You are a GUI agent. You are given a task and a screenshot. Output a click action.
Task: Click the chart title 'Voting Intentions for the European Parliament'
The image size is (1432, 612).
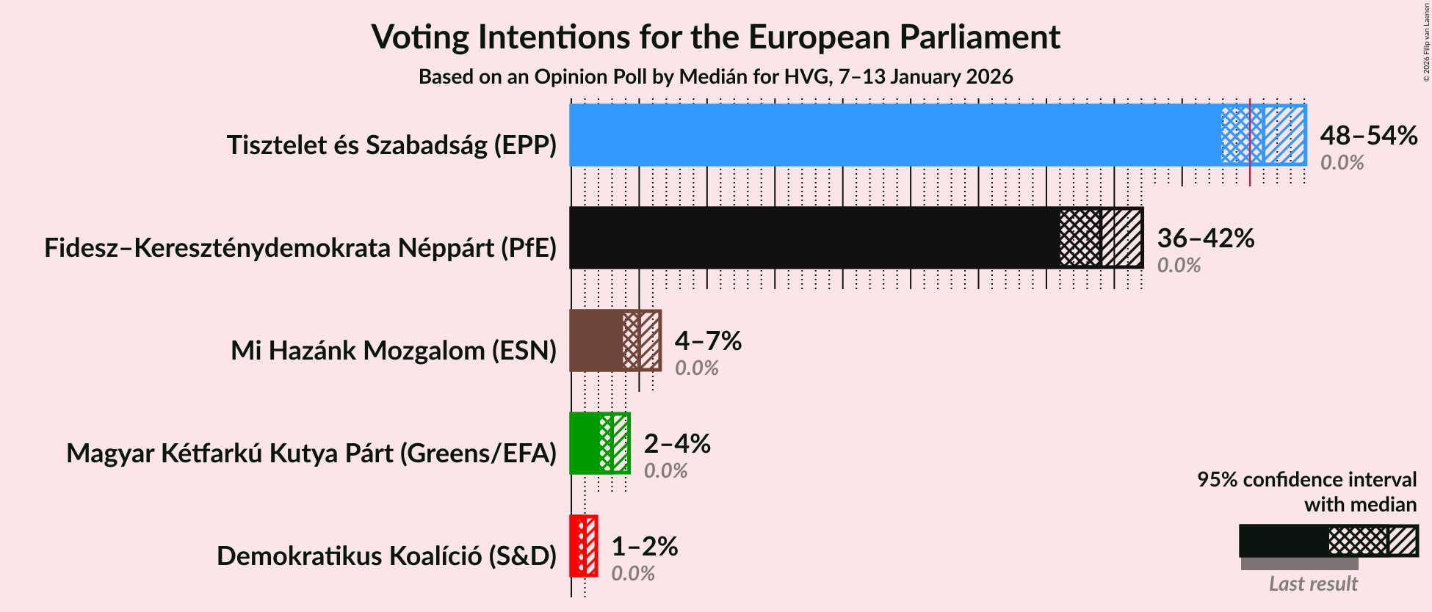pyautogui.click(x=715, y=37)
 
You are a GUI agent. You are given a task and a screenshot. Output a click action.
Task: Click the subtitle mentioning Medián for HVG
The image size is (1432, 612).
pyautogui.click(x=715, y=77)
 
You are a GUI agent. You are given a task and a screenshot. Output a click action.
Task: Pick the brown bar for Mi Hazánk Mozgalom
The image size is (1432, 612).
pyautogui.click(x=596, y=340)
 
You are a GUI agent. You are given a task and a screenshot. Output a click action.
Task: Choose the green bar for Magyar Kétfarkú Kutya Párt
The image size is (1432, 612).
pyautogui.click(x=585, y=443)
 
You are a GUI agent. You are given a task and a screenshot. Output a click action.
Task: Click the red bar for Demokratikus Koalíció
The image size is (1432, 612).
pyautogui.click(x=575, y=546)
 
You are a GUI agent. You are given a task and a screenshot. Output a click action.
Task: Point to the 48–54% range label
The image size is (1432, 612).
pyautogui.click(x=1368, y=136)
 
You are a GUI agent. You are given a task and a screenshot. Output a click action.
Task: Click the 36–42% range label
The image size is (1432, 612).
pyautogui.click(x=1205, y=238)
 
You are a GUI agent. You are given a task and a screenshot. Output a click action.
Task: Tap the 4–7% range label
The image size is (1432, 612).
pyautogui.click(x=708, y=341)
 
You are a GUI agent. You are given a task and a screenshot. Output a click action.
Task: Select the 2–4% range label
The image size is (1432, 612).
pyautogui.click(x=677, y=444)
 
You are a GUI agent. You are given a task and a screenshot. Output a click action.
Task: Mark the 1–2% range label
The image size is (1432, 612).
pyautogui.click(x=644, y=547)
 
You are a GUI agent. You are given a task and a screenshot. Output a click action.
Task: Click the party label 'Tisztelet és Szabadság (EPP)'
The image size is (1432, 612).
pyautogui.click(x=391, y=145)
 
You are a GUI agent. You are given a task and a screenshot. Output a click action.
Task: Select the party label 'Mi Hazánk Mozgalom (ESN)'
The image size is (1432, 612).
pyautogui.click(x=394, y=351)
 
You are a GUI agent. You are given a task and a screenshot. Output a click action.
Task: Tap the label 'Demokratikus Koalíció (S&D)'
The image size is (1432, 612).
pyautogui.click(x=386, y=556)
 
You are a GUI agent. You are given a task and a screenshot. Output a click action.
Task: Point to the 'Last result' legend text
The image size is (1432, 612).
pyautogui.click(x=1313, y=584)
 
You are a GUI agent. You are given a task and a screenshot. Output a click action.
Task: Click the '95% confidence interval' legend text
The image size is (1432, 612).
pyautogui.click(x=1306, y=480)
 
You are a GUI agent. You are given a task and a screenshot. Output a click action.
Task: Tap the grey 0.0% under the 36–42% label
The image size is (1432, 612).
pyautogui.click(x=1179, y=266)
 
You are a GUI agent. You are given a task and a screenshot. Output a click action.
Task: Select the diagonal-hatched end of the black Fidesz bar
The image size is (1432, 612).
pyautogui.click(x=1121, y=238)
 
